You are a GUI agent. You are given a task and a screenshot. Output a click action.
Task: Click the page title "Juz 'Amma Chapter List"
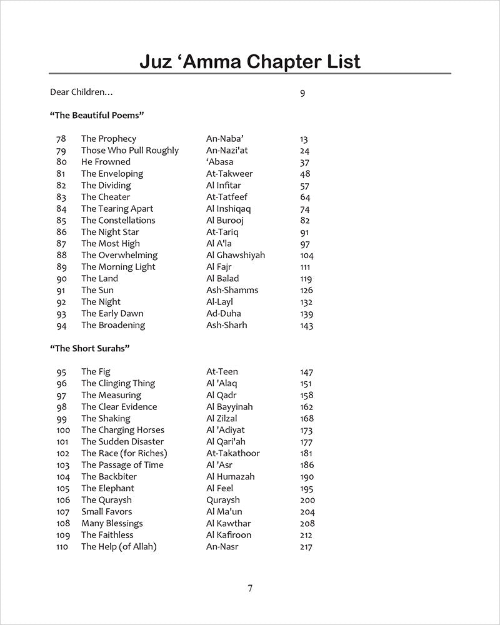click(x=249, y=62)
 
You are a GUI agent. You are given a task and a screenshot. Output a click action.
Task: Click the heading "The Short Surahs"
click(x=89, y=348)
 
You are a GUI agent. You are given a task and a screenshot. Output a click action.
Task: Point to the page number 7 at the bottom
click(x=250, y=587)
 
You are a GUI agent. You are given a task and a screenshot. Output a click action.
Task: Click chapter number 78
click(x=61, y=139)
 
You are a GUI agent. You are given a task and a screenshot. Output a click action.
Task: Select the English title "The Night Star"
click(x=110, y=232)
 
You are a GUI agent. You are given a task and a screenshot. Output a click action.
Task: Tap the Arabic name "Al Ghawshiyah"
click(x=235, y=255)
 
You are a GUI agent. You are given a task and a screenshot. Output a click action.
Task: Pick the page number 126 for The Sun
click(x=306, y=291)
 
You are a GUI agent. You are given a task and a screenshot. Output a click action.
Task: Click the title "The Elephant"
click(x=107, y=488)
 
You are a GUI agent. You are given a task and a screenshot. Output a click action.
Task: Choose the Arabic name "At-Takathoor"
click(x=232, y=453)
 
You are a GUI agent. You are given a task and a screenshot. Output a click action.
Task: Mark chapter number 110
click(x=63, y=547)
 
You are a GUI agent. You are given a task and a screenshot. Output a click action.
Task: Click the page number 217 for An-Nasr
click(x=306, y=547)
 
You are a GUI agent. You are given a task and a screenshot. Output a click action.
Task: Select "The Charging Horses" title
click(x=122, y=430)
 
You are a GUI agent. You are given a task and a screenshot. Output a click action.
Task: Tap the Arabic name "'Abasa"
click(x=219, y=162)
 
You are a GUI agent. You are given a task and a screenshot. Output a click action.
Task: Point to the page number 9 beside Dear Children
click(x=302, y=94)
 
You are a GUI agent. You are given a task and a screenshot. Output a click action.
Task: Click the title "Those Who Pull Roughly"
click(x=129, y=151)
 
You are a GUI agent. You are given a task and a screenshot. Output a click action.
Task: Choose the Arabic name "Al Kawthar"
click(x=229, y=523)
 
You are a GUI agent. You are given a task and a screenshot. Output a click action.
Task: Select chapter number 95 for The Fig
click(x=61, y=372)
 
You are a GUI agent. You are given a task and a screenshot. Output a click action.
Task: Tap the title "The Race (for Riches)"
click(x=124, y=453)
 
